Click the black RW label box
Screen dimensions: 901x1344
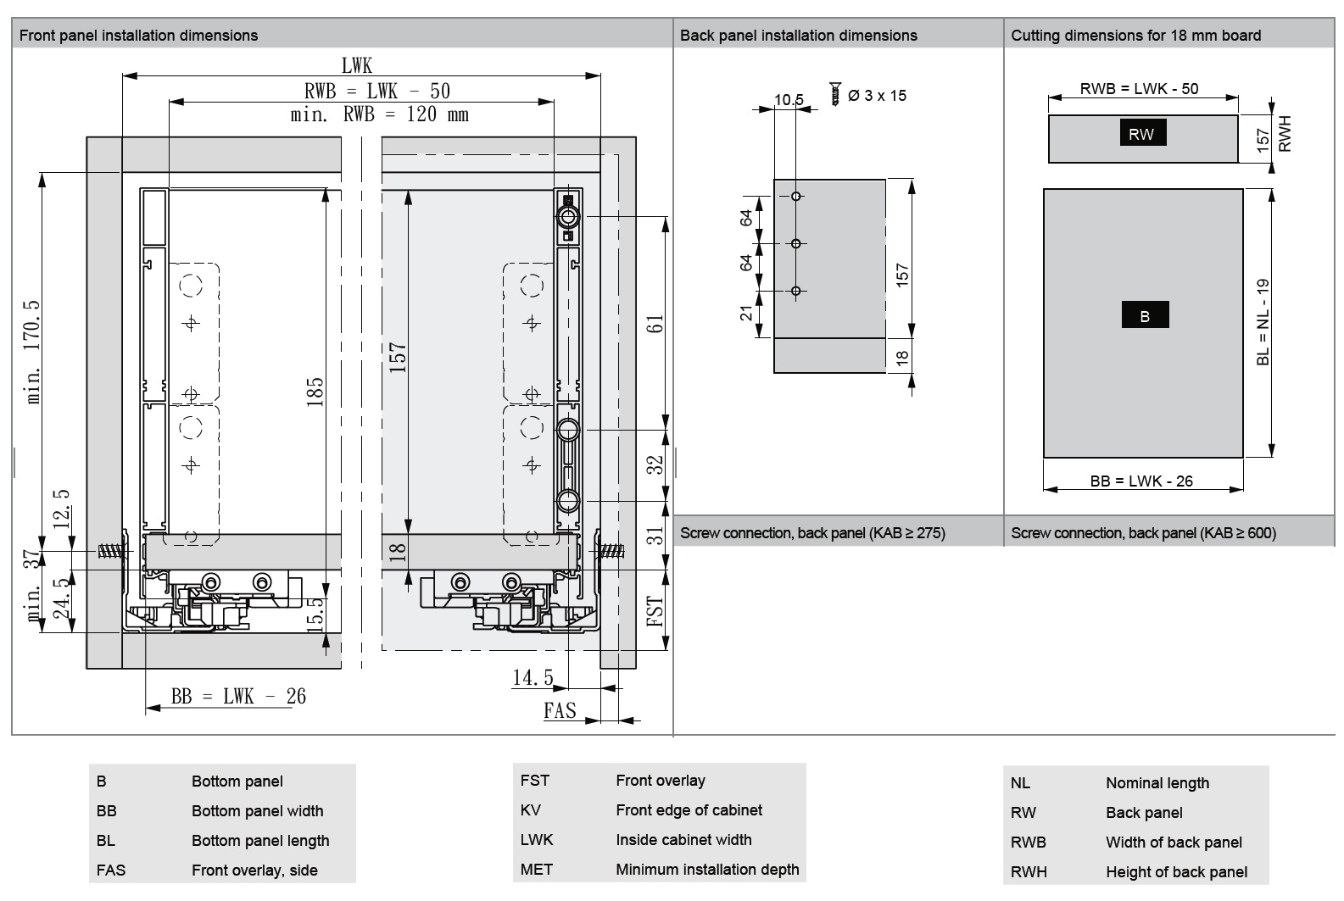(x=1141, y=134)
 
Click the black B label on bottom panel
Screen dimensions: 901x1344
(x=1145, y=315)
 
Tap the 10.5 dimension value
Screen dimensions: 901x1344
(x=789, y=100)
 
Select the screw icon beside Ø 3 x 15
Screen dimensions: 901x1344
(x=835, y=93)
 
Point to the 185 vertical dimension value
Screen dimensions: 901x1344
(x=315, y=392)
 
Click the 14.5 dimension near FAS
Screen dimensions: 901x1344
(x=533, y=678)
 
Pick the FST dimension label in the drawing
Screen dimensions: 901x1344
(x=655, y=611)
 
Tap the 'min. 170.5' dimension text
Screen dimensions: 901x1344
(x=33, y=351)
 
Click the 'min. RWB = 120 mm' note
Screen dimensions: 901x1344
(x=379, y=114)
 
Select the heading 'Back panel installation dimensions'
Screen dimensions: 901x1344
(x=798, y=36)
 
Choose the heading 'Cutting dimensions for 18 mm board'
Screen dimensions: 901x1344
(x=1135, y=36)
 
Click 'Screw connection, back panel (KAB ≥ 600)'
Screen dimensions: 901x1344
(x=1143, y=533)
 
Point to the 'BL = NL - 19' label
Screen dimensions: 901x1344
(x=1263, y=322)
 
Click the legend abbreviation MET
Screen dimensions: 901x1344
(x=536, y=870)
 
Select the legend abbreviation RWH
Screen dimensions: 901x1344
(x=1028, y=872)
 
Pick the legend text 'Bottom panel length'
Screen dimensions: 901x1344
(x=260, y=841)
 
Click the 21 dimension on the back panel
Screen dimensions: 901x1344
(x=746, y=314)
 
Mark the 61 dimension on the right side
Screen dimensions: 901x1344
(x=655, y=324)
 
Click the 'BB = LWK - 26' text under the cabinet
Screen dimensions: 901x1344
(x=238, y=697)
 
